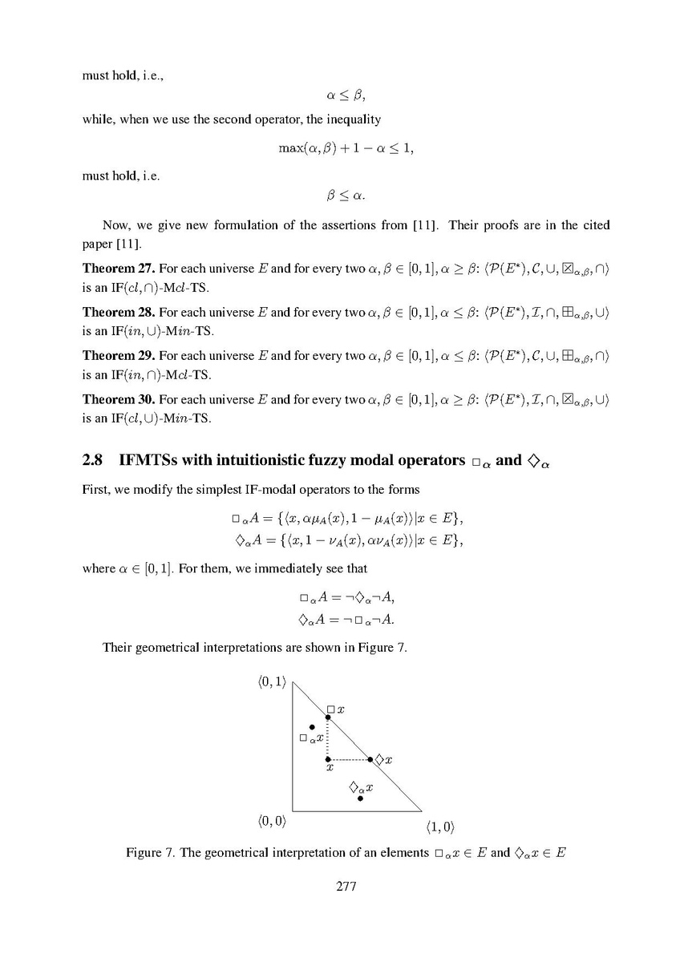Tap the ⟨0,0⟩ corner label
272,821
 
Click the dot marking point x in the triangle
327,758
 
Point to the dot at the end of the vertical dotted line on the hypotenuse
327,717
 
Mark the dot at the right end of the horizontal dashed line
370,758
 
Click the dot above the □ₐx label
312,727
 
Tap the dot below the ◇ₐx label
361,798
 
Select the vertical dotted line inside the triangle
327,738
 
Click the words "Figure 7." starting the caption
150,852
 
